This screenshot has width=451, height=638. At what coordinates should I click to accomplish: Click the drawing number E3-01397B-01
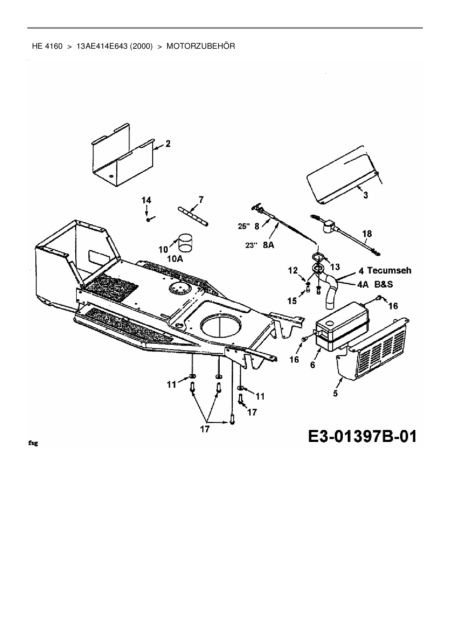362,436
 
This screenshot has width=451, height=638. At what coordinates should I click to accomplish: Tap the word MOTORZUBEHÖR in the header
201,46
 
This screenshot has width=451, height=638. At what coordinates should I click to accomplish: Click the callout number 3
366,195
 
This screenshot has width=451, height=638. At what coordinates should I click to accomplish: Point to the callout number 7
201,199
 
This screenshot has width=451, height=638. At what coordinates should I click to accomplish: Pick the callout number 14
146,200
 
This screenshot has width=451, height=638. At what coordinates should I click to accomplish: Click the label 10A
175,259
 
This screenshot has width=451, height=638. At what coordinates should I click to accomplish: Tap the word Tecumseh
389,270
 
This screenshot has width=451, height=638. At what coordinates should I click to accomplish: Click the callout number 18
367,233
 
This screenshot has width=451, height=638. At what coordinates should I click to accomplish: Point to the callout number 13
335,267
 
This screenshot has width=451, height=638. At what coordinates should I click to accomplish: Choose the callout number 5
335,393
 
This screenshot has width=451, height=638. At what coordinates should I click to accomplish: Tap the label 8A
268,245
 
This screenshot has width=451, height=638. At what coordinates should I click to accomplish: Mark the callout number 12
293,270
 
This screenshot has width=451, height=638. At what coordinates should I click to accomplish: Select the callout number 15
292,300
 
